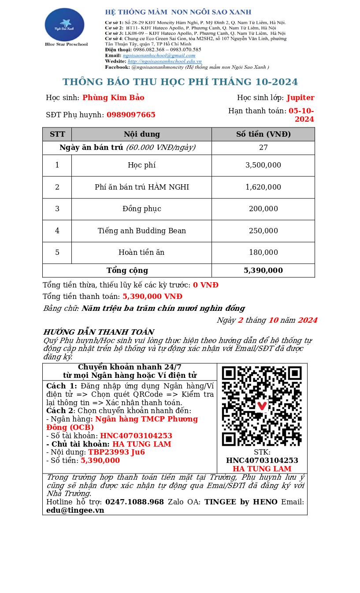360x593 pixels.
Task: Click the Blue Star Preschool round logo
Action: point(64,24)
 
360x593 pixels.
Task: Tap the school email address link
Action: point(159,56)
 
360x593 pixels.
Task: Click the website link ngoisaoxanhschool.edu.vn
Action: point(164,61)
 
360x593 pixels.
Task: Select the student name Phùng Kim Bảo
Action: point(113,98)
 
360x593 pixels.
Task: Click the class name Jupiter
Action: point(301,98)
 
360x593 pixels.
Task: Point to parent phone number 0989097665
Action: point(131,115)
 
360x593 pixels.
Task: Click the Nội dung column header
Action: point(141,134)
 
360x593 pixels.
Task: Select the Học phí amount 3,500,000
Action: point(263,165)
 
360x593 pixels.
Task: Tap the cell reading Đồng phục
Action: point(141,209)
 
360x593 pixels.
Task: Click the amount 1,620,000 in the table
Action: point(263,187)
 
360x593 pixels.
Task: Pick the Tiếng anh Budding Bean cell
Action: point(141,231)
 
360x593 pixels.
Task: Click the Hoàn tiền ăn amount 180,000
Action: point(263,253)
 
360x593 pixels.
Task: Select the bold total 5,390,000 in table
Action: point(263,271)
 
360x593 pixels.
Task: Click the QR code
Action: point(262,406)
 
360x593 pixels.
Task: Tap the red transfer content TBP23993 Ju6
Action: point(116,452)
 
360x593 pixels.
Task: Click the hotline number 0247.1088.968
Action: point(134,502)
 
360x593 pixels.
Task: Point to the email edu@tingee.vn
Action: point(75,511)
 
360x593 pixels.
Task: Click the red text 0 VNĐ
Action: point(205,285)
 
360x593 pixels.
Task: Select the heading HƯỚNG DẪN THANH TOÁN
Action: point(99,332)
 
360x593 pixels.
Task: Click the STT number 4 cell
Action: point(57,231)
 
